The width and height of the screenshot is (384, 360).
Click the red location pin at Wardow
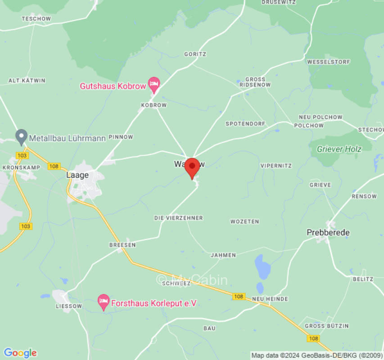click(193, 167)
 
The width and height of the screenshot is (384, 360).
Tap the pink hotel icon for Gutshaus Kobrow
click(154, 84)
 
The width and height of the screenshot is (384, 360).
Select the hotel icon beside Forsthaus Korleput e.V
click(104, 302)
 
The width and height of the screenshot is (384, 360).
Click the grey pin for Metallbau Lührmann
click(21, 136)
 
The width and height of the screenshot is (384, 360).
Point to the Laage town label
click(77, 175)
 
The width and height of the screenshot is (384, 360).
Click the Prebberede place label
click(328, 232)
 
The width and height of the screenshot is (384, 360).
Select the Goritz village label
click(195, 54)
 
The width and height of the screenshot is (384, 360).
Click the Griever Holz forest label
click(339, 149)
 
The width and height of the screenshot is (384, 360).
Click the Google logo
click(20, 353)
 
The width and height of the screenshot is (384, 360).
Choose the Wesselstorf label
click(325, 62)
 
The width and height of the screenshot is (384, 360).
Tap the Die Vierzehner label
click(179, 218)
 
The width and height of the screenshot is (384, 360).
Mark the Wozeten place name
click(245, 221)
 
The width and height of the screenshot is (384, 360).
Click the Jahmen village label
click(223, 255)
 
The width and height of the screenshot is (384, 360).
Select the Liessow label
click(69, 306)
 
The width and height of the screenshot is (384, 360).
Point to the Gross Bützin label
click(327, 325)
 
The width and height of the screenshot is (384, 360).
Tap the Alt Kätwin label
click(27, 81)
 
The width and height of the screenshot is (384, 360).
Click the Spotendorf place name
click(246, 123)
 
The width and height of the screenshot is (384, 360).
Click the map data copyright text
click(316, 355)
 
